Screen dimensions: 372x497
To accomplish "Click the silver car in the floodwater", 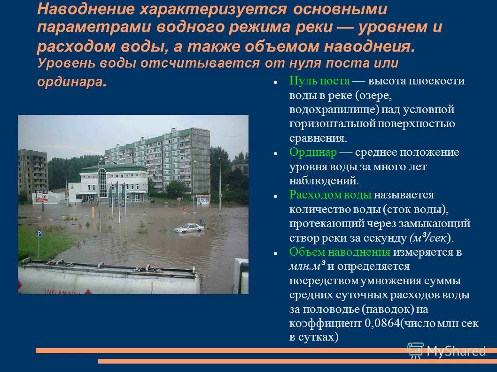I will point(189,228).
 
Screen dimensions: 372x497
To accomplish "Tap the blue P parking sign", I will point(39,233).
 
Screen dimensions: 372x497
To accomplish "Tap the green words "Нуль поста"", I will point(319,81).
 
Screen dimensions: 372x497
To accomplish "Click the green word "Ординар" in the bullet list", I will point(313,152).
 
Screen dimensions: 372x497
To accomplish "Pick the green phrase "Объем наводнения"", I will point(340,252).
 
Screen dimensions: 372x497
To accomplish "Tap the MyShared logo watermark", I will point(446,350).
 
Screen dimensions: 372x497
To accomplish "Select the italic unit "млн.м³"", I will point(307,266).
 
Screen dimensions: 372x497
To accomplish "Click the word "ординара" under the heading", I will point(70,82).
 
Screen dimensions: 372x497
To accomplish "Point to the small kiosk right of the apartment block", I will point(203,199).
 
